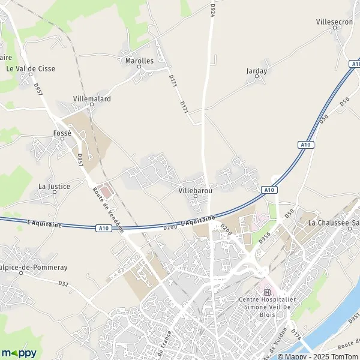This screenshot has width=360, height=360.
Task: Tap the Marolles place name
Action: point(139,61)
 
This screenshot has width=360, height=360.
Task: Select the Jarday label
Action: point(256,71)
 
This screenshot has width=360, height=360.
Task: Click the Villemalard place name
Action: point(92,98)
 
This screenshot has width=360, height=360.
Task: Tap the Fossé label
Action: point(62,133)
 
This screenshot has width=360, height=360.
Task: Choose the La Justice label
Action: point(54,187)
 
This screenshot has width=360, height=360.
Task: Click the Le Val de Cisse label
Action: point(31,69)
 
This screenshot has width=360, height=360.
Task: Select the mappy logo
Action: point(19,352)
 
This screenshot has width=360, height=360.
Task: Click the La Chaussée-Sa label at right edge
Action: point(334,223)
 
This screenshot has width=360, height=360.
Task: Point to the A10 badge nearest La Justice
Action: point(103,228)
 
